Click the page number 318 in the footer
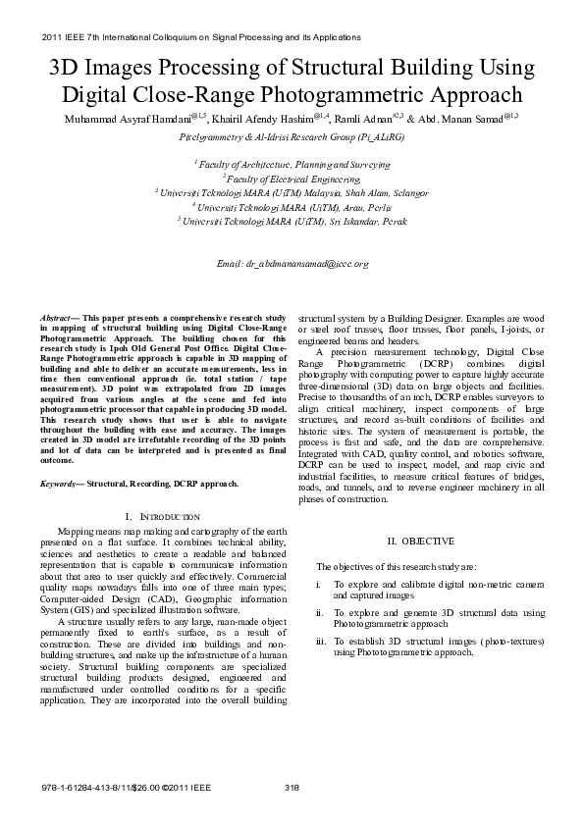(x=292, y=788)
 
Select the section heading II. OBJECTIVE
(x=420, y=541)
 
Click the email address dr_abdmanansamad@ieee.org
(x=292, y=264)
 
